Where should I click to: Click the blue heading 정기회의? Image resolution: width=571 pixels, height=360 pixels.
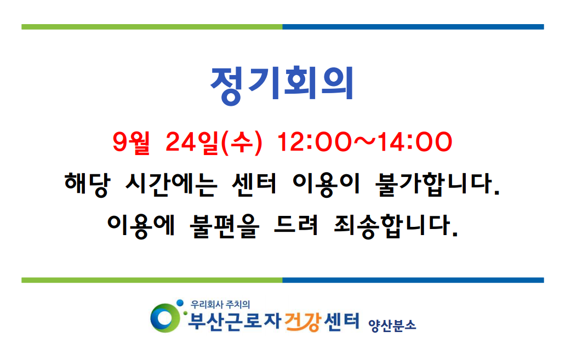click(x=282, y=85)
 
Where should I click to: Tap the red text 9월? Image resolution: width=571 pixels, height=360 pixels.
click(x=131, y=142)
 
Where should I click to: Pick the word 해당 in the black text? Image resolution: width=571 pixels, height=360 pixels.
click(x=87, y=184)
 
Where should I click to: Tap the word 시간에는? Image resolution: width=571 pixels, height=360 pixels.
click(x=171, y=184)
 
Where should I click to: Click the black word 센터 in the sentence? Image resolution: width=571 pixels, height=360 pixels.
click(x=254, y=184)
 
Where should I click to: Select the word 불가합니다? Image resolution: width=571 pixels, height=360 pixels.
click(x=437, y=184)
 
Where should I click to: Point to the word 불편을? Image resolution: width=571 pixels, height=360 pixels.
click(x=225, y=226)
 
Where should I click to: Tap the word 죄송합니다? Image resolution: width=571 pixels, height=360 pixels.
click(x=396, y=226)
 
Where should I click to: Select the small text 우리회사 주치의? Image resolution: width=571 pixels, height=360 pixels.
click(x=220, y=304)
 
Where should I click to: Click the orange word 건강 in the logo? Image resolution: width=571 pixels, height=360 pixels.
click(x=302, y=322)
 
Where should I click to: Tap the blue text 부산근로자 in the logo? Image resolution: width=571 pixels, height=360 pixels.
click(x=235, y=322)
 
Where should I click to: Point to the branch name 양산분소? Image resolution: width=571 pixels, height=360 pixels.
click(x=392, y=325)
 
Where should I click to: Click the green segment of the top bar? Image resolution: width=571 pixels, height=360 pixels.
click(x=152, y=27)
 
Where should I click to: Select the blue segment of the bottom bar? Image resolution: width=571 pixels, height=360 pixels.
click(x=413, y=281)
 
